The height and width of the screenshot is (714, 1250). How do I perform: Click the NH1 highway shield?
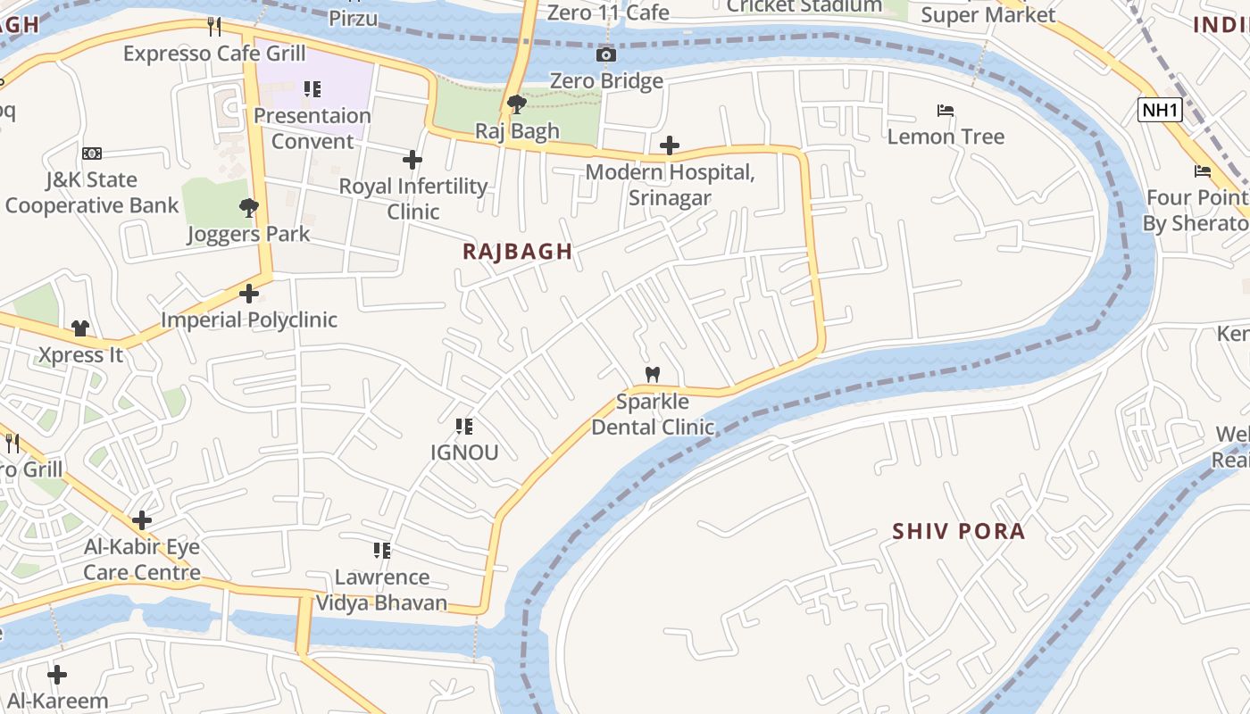(1160, 111)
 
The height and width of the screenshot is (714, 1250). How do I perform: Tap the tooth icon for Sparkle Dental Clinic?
(653, 375)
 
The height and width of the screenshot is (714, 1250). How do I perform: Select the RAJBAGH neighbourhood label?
(517, 252)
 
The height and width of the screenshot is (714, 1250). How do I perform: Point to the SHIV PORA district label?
(958, 532)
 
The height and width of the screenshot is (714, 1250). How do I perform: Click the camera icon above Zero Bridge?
(606, 55)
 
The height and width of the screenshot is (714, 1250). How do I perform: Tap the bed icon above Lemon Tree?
(946, 112)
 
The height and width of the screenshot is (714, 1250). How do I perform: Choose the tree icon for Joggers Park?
(248, 208)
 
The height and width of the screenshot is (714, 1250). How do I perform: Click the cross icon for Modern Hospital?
(670, 145)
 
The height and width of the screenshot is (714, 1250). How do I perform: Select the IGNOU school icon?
(464, 427)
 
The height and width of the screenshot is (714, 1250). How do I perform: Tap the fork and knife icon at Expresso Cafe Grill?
(214, 27)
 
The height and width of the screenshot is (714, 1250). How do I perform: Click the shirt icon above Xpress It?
(80, 328)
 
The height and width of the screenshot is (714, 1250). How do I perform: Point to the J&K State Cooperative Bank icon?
(91, 154)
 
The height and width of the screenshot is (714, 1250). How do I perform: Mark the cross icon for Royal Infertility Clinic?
(412, 160)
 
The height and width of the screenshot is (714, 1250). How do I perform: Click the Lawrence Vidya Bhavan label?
(382, 590)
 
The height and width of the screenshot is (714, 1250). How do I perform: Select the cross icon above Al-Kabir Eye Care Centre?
(141, 520)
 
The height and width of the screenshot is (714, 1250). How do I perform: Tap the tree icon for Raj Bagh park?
(516, 105)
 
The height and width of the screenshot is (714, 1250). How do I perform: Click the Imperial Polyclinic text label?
(249, 320)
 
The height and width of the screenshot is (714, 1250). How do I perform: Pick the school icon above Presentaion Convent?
(312, 89)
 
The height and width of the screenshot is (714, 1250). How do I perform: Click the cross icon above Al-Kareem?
(57, 675)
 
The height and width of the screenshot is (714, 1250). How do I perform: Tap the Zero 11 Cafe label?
(608, 12)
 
